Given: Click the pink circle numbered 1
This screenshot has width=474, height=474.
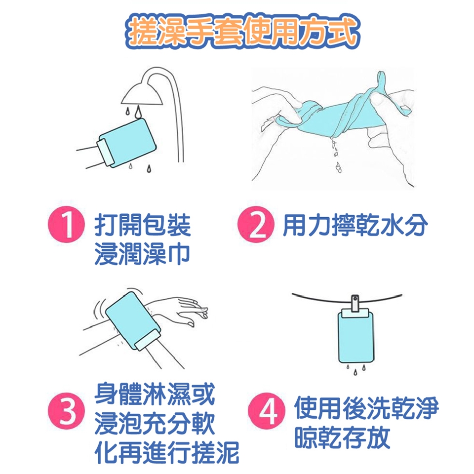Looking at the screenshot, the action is (x=66, y=224).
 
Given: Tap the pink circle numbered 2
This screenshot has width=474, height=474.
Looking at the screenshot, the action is (x=256, y=224).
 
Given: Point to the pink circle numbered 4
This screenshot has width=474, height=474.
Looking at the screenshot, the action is (x=267, y=411).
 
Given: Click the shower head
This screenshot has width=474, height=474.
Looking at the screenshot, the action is (x=142, y=93).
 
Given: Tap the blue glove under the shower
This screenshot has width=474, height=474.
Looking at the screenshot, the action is (x=127, y=143).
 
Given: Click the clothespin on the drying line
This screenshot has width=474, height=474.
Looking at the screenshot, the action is (x=355, y=304).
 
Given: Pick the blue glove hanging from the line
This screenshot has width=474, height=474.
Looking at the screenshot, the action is (x=355, y=336).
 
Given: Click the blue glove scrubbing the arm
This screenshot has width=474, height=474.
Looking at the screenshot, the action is (x=133, y=321).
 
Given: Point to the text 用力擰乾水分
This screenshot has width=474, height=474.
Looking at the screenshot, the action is (x=355, y=225).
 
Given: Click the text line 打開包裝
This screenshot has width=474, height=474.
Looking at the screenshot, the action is (x=142, y=225).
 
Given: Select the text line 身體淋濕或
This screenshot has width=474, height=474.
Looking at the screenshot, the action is (x=155, y=394).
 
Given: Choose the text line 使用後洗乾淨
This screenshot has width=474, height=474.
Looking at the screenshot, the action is (x=366, y=408).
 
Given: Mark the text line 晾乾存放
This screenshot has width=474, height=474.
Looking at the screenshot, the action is (x=342, y=437).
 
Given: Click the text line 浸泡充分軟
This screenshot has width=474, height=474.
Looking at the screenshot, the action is (x=155, y=423).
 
